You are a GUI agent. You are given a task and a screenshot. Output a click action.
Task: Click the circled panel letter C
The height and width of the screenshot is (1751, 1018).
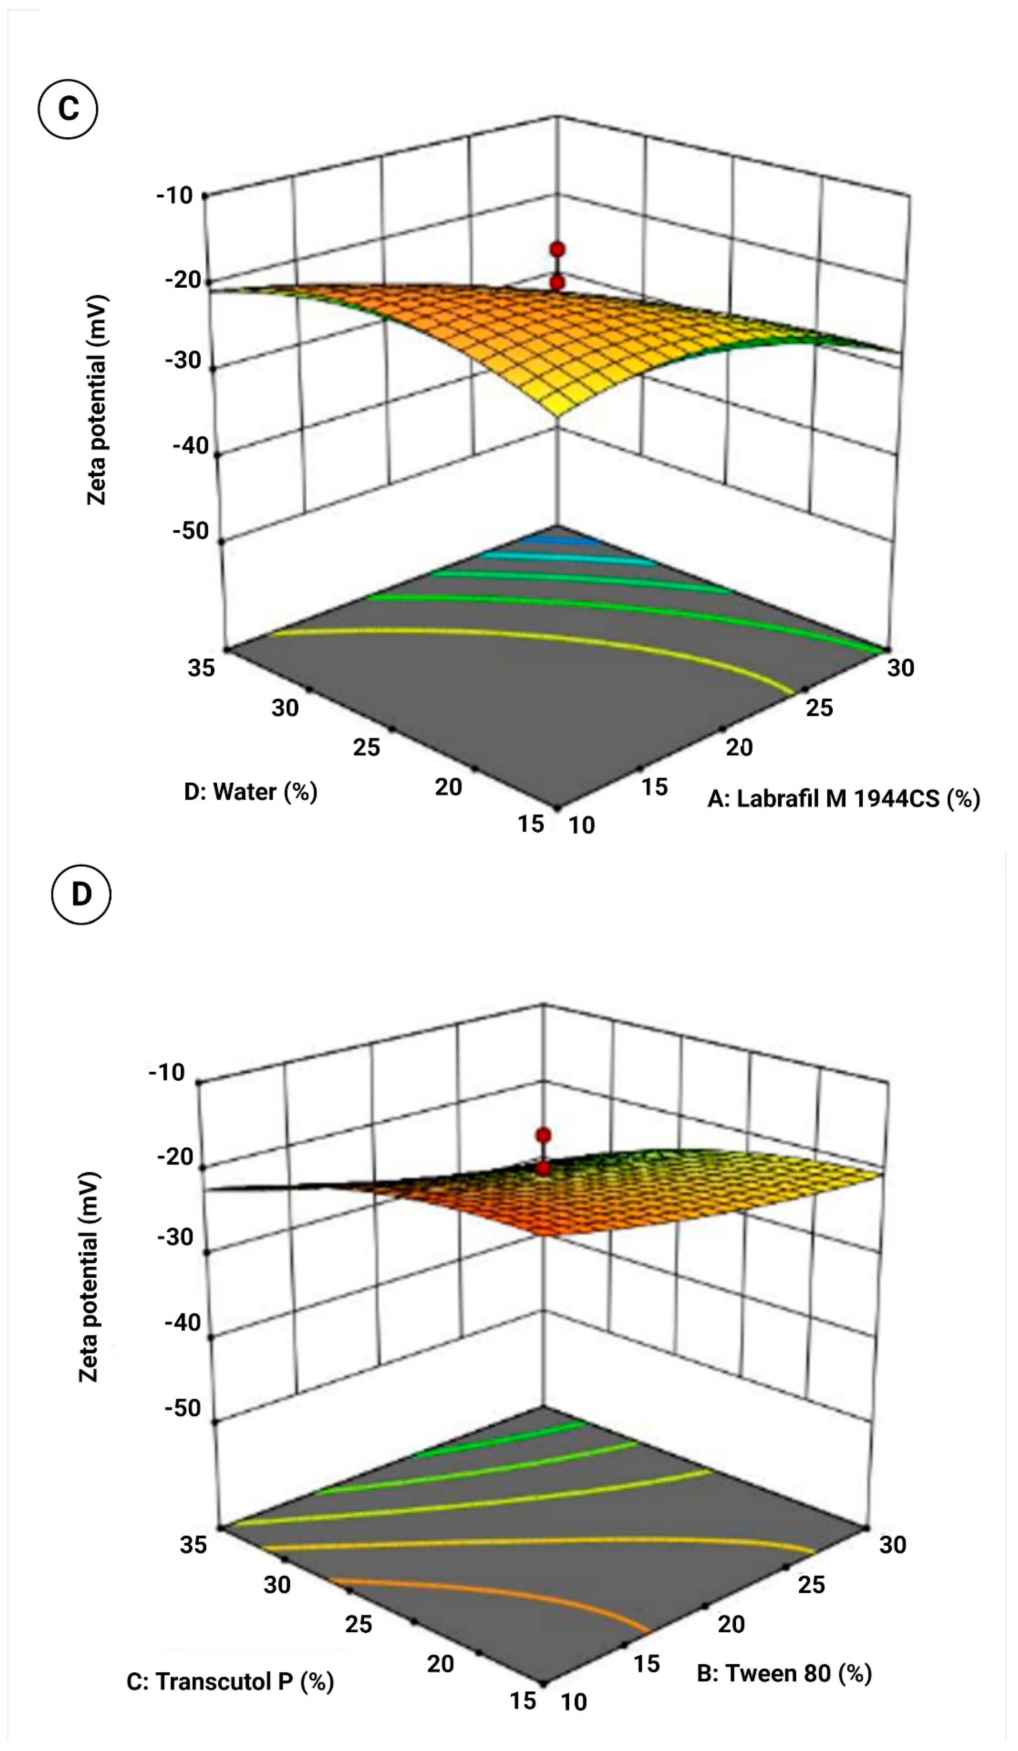[68, 109]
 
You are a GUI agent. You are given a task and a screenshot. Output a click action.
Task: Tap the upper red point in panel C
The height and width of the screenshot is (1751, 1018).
[556, 249]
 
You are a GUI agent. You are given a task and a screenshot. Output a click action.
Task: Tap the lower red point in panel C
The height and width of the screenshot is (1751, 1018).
[556, 282]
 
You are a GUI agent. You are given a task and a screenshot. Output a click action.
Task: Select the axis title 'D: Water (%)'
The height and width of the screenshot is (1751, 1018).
[250, 791]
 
